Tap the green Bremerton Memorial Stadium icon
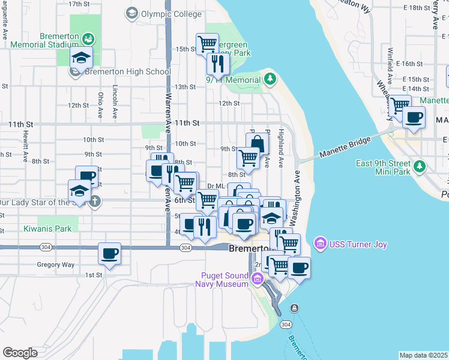88,39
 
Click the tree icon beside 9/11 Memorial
270,79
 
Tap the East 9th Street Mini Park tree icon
420,166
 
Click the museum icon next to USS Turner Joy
319,244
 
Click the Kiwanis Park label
47,229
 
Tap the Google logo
20,353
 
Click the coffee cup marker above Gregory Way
110,253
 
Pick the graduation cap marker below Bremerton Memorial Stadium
80,58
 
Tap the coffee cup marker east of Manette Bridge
414,117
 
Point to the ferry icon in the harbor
294,308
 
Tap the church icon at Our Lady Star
95,202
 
